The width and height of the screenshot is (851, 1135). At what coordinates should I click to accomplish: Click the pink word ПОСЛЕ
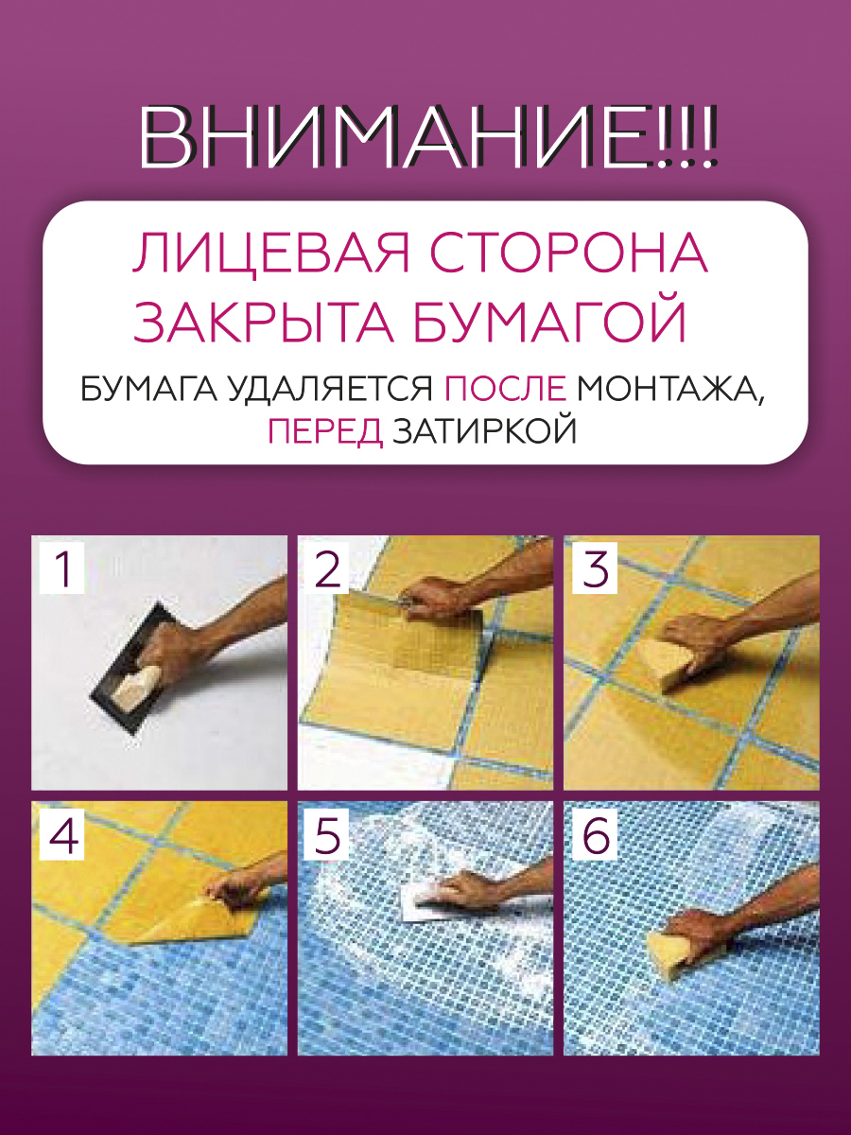pos(505,389)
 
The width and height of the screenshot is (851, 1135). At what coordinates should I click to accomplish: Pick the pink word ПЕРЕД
pos(325,431)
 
